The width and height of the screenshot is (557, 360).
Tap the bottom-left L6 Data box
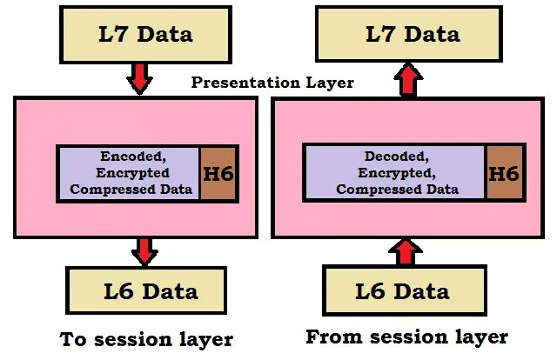click(x=145, y=290)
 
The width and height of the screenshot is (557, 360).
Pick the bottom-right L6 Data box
click(x=402, y=290)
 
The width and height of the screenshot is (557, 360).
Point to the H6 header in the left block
click(x=217, y=174)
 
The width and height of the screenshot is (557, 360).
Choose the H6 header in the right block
click(x=503, y=174)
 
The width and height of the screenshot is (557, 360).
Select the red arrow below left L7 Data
click(x=139, y=79)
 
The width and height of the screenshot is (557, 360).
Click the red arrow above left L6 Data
click(x=144, y=250)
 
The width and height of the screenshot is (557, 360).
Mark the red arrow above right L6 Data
click(x=403, y=252)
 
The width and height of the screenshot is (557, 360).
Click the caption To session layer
click(x=145, y=338)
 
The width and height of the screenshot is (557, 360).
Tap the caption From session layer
click(x=406, y=336)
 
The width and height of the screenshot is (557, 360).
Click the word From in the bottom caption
click(x=332, y=336)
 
